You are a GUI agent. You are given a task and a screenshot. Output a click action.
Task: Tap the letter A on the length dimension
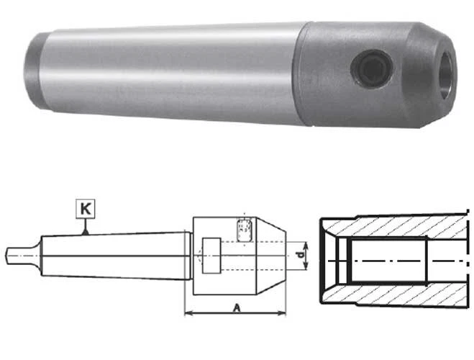tap(236, 307)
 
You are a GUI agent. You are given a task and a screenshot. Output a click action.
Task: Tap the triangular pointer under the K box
tap(85, 230)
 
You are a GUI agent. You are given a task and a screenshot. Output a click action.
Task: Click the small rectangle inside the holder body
tap(210, 255)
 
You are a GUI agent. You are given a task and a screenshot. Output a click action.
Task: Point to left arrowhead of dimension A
tap(188, 313)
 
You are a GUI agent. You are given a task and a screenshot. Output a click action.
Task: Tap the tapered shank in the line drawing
tap(115, 255)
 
